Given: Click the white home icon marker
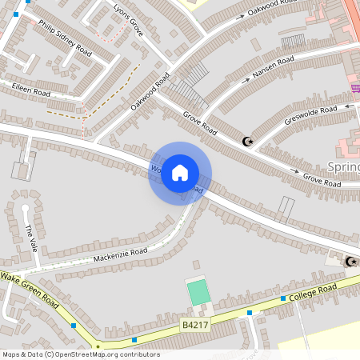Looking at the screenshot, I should click(180, 173).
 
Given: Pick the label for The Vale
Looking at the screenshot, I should click(31, 235).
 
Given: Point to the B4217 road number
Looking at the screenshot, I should click(196, 326).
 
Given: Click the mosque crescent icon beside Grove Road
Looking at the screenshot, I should click(247, 142).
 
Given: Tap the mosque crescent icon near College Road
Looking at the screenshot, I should click(350, 261).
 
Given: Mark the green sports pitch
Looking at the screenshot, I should click(198, 291).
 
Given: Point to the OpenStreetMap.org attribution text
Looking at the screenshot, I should click(80, 354).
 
